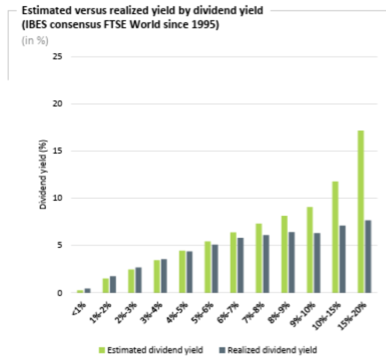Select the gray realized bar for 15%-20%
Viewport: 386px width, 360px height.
tap(368, 256)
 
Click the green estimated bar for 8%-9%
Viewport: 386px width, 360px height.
tap(284, 254)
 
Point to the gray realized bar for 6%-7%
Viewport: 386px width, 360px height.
tap(240, 265)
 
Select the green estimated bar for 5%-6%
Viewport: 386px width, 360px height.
tap(208, 267)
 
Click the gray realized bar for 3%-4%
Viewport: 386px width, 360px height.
tap(164, 276)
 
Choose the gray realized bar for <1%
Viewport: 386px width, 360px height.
tap(87, 290)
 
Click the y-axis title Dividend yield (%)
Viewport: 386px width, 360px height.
tap(44, 174)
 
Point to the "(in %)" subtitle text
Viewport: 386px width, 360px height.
tap(31, 42)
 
